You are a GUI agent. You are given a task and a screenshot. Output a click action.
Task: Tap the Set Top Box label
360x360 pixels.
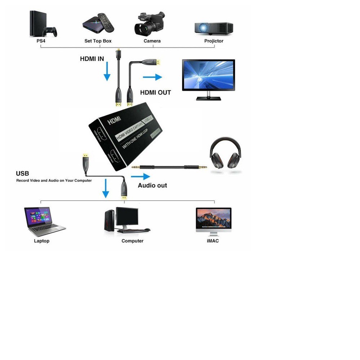pyautogui.click(x=98, y=41)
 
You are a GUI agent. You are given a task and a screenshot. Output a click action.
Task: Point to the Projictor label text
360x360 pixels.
pyautogui.click(x=214, y=41)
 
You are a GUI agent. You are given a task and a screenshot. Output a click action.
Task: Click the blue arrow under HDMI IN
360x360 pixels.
pyautogui.click(x=107, y=73)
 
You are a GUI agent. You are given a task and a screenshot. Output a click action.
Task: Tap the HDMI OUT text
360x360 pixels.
pyautogui.click(x=156, y=93)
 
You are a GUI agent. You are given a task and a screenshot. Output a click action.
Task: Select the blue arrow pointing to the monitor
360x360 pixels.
pyautogui.click(x=152, y=77)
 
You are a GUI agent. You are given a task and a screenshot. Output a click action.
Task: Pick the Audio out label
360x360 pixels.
pyautogui.click(x=152, y=185)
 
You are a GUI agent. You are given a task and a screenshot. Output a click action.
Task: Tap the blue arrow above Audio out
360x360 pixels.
pyautogui.click(x=140, y=176)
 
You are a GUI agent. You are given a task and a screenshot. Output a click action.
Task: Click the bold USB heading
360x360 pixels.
pyautogui.click(x=22, y=174)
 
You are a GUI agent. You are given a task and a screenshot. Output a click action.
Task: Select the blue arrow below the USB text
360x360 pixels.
pyautogui.click(x=105, y=188)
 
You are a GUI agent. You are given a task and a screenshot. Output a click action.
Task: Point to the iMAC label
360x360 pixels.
pyautogui.click(x=213, y=241)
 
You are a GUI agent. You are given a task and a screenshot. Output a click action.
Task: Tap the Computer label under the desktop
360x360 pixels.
pyautogui.click(x=132, y=241)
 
